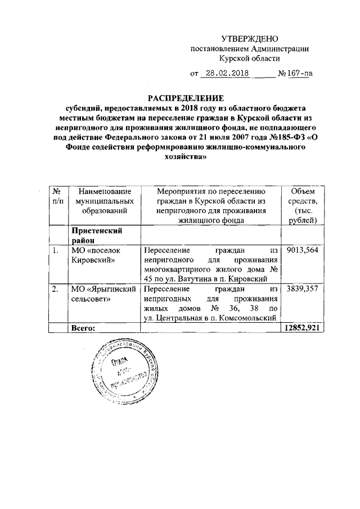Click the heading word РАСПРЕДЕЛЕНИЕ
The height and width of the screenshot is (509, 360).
coord(180,98)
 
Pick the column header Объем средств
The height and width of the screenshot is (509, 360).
coord(303,206)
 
